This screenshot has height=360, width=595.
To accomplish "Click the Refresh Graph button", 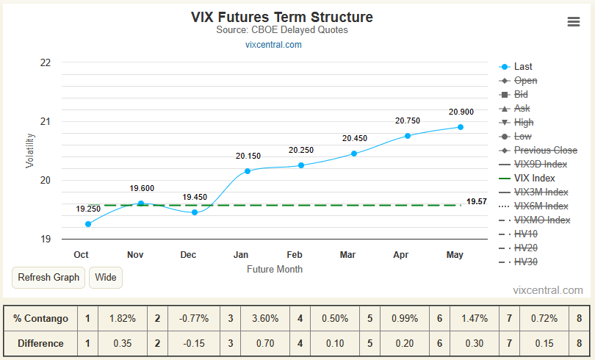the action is coord(48,277).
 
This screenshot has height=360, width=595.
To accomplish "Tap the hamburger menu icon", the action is coord(574,21).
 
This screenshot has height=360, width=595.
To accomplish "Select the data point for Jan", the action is coord(248,171).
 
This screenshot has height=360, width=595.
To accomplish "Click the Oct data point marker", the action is coord(88,224).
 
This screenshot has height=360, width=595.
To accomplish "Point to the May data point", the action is coord(461,127).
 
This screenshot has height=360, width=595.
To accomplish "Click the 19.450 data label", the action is coord(195,197).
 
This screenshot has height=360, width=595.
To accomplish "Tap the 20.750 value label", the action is coord(408,120).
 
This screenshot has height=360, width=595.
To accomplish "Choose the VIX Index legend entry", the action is coord(527,178).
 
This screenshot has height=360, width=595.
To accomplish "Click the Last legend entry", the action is coord(516,67).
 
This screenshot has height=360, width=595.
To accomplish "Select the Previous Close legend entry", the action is coord(538,150).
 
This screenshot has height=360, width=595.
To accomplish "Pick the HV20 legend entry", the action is coord(518,248).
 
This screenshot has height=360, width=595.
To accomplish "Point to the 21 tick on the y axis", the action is coord(46,121).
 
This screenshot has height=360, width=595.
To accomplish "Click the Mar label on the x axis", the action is coord(347,254).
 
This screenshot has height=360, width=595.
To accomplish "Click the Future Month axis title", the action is coord(275,270).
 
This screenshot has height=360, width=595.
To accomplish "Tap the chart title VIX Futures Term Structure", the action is coord(282,17).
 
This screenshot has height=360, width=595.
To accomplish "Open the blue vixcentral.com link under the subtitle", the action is coord(273,45).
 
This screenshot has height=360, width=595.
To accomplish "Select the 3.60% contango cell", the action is coord(265,318).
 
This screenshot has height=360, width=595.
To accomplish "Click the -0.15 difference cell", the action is coord(194,343).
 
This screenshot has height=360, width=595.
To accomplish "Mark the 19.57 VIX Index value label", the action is coord(477,201).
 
